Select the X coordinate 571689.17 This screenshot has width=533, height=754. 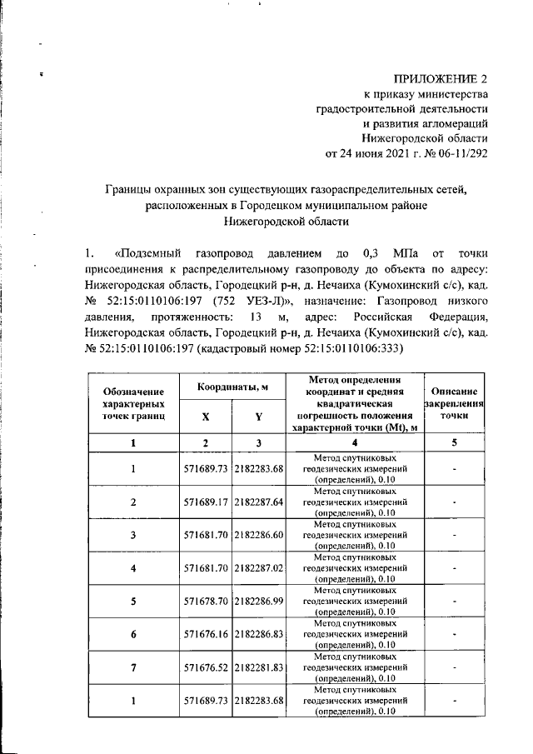[206, 502]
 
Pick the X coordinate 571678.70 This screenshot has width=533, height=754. [206, 600]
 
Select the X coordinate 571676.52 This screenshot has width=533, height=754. [206, 667]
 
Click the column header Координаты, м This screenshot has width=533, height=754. [232, 388]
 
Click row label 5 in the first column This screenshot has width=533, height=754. [133, 600]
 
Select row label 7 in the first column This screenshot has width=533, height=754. [133, 667]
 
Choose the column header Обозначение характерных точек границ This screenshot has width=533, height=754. [133, 402]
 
